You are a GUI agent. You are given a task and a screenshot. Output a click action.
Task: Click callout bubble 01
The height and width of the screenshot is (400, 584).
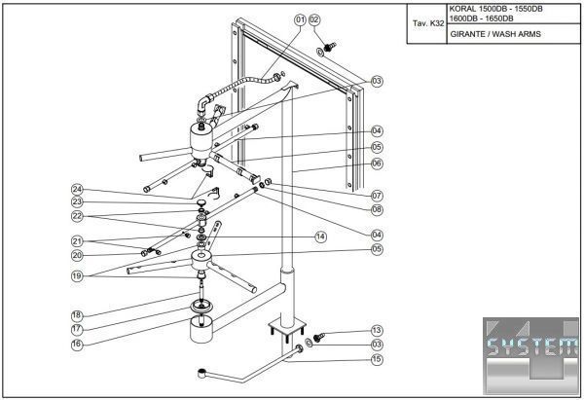coord(300,19)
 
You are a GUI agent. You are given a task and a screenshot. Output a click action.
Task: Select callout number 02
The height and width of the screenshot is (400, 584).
coord(314,19)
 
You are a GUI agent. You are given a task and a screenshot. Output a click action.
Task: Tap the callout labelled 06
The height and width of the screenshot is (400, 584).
coord(377,164)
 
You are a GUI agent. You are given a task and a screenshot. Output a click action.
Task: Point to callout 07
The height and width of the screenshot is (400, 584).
coord(377,197)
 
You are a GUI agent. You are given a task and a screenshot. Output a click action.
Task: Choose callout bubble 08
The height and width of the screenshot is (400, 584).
coord(377,209)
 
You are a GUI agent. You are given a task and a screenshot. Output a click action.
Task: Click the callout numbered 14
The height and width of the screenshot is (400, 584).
coord(320,236)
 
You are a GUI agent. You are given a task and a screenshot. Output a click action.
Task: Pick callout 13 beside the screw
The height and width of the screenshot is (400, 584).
coord(377,331)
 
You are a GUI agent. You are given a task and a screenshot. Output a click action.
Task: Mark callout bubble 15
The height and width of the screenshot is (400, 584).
coord(377,360)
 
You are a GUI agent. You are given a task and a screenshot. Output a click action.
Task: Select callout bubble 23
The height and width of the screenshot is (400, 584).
coord(77,202)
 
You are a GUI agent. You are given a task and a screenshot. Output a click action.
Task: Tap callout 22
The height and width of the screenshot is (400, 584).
coord(77,216)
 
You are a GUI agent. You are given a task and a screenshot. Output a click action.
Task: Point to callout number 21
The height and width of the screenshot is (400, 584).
coord(77,241)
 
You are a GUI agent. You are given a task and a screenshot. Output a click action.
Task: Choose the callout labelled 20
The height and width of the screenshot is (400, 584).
coord(77,255)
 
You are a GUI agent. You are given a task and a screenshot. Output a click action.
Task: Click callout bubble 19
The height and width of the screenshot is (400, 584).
coord(77,275)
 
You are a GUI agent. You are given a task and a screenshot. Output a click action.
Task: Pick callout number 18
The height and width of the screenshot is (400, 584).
coord(77,315)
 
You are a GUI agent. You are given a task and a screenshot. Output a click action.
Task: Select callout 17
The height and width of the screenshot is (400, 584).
coord(77,329)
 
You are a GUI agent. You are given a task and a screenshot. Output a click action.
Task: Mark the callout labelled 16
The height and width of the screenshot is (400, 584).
coord(77,344)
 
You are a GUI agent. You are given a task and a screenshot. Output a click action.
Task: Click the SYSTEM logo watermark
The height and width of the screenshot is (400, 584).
coord(531,349)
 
